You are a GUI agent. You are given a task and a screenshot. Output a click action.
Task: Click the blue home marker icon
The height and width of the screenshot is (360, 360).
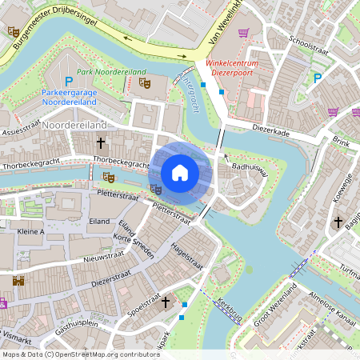(180, 173)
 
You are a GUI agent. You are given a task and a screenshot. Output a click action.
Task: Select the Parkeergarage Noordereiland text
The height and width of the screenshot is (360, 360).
(69, 98)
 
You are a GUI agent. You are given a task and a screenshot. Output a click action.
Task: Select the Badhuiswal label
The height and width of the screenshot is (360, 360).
(249, 170)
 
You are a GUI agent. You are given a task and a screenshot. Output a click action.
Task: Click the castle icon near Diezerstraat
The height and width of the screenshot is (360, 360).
(18, 281)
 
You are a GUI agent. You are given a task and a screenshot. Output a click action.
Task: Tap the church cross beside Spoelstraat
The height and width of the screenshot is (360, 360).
(166, 302)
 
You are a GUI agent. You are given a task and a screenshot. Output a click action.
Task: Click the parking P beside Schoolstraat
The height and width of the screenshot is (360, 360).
(318, 78)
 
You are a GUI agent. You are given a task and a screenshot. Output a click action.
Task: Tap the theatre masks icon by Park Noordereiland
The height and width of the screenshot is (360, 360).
(144, 81)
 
